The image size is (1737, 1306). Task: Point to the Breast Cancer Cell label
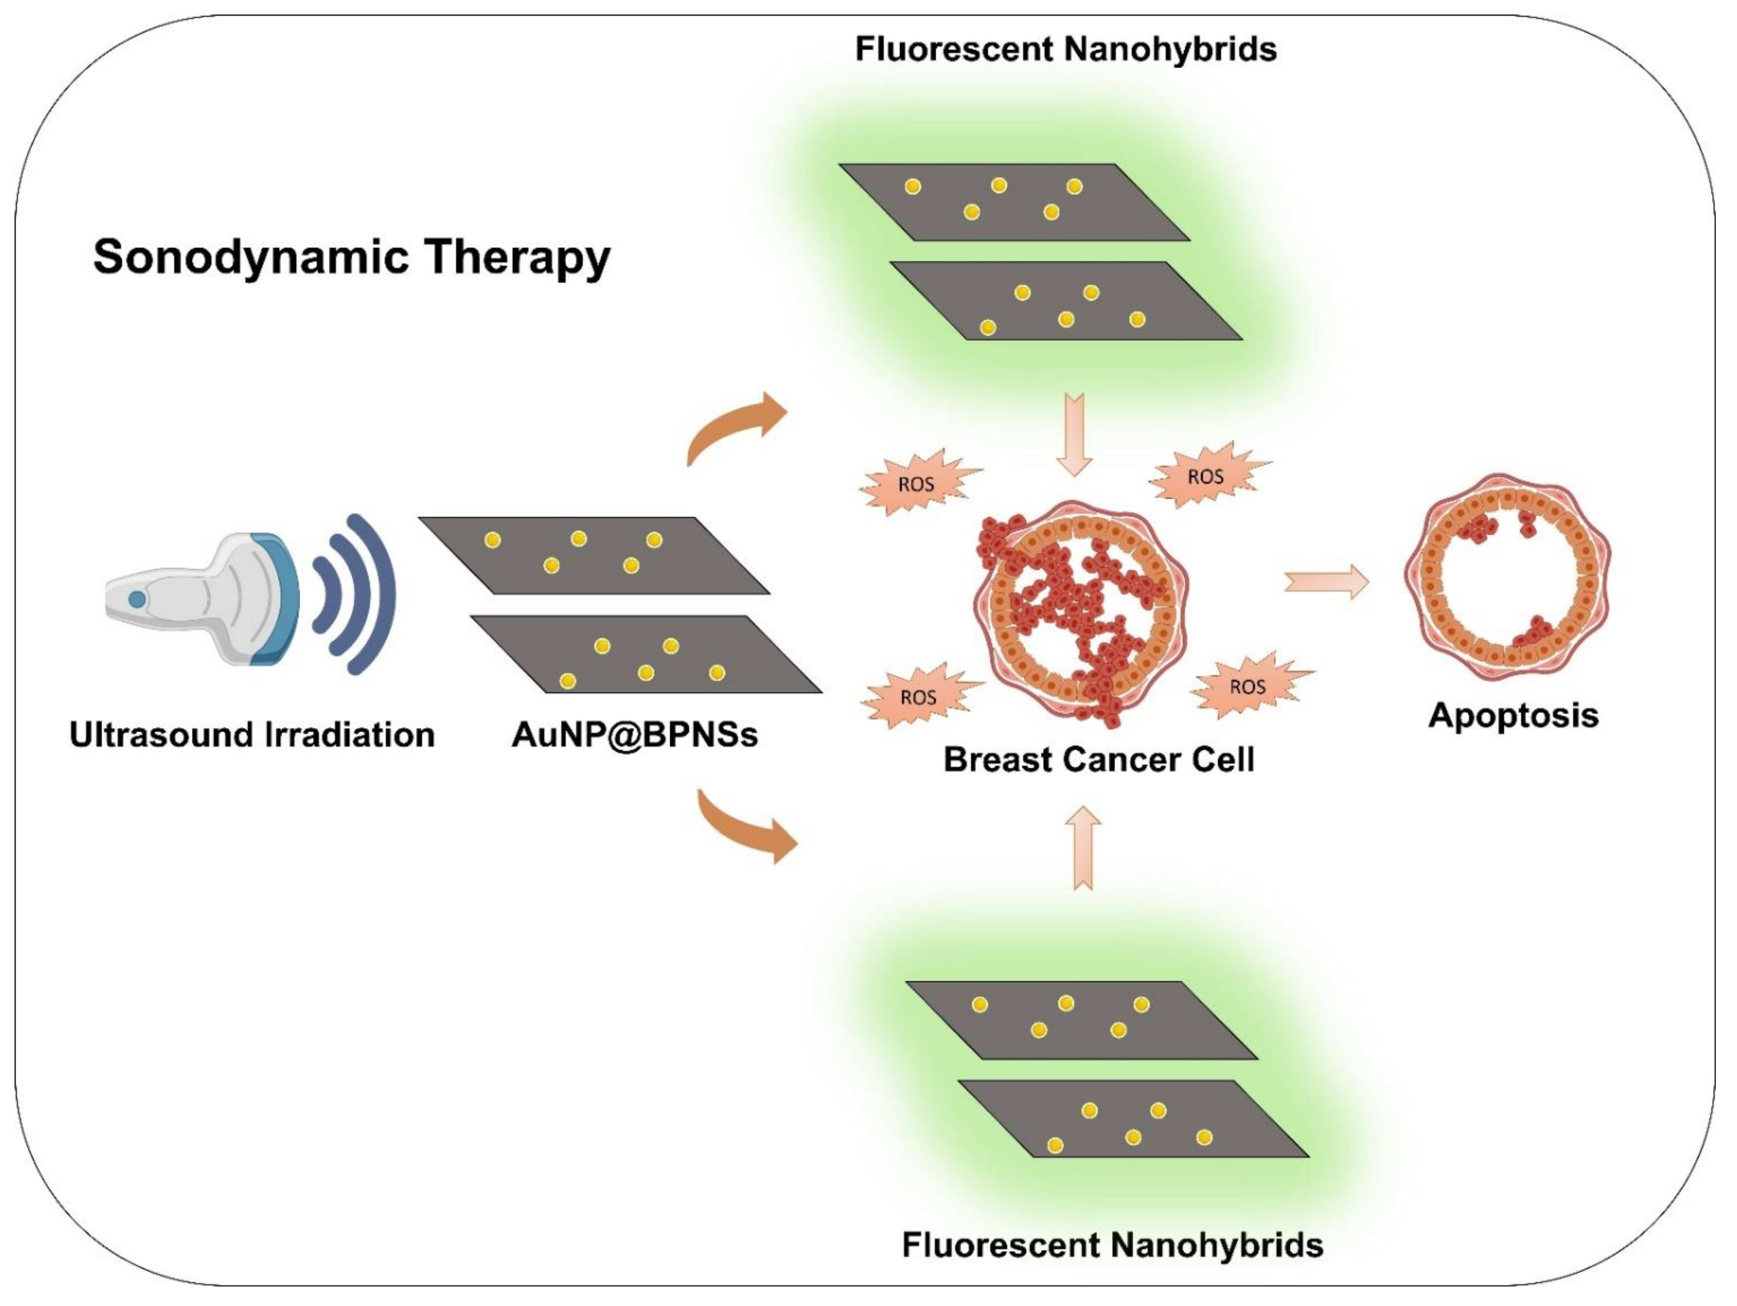point(1099,759)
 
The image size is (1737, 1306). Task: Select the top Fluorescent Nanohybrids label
point(1065,49)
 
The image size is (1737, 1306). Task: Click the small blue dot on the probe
point(137,599)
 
